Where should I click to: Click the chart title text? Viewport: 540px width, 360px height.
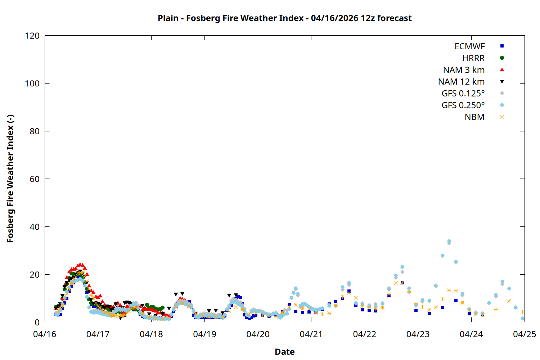(284, 18)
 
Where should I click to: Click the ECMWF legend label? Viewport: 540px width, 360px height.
(469, 46)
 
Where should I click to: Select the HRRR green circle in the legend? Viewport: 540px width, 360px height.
(502, 58)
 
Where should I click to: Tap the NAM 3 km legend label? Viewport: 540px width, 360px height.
(464, 70)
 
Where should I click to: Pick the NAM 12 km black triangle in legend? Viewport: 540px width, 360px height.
(502, 82)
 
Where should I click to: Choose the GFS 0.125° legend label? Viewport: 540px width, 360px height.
(463, 94)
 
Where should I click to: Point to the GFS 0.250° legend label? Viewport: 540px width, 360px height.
(463, 105)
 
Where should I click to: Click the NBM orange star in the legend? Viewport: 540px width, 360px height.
(502, 117)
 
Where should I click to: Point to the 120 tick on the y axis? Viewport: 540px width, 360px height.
(32, 36)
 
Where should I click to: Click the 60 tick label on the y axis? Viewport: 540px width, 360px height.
(35, 179)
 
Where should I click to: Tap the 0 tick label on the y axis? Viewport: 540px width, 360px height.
(37, 322)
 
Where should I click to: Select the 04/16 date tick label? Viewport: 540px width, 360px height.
(45, 334)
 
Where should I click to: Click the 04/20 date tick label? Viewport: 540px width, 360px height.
(258, 334)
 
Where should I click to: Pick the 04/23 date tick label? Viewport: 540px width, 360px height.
(418, 334)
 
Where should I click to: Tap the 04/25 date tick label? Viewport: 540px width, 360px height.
(524, 334)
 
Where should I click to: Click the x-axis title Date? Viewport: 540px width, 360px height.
(284, 352)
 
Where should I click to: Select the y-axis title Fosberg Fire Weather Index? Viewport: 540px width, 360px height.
(10, 179)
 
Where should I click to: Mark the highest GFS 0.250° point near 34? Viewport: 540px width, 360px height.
(449, 241)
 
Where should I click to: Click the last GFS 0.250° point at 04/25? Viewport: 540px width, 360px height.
(522, 318)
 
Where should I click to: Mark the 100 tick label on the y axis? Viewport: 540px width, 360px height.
(32, 84)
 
